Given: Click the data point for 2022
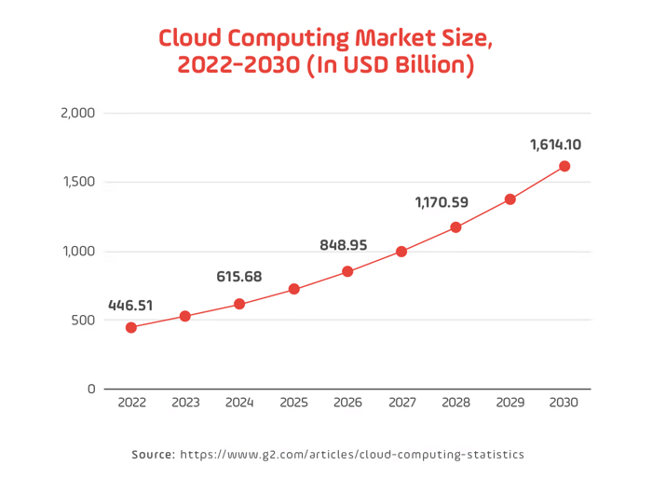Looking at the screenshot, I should pyautogui.click(x=131, y=327).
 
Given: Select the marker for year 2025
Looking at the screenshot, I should pyautogui.click(x=293, y=289).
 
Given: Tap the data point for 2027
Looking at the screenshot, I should pyautogui.click(x=401, y=251).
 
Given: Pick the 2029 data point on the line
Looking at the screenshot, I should pyautogui.click(x=509, y=198).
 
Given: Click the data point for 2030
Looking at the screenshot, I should pyautogui.click(x=564, y=166).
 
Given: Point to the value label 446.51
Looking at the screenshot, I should pyautogui.click(x=130, y=305).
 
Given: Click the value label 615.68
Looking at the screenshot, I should pyautogui.click(x=239, y=276).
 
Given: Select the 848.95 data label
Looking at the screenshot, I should pyautogui.click(x=343, y=245).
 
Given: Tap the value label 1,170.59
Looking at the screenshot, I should pyautogui.click(x=441, y=201).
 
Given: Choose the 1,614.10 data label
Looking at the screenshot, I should pyautogui.click(x=555, y=144).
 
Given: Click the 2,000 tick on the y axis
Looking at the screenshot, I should pyautogui.click(x=77, y=114).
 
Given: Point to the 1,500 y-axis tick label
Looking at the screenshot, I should pyautogui.click(x=78, y=183).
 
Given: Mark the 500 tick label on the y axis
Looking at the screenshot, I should pyautogui.click(x=84, y=320).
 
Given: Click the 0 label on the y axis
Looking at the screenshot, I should pyautogui.click(x=91, y=389).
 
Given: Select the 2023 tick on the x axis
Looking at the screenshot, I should pyautogui.click(x=185, y=403).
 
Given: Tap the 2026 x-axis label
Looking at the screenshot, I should pyautogui.click(x=347, y=403).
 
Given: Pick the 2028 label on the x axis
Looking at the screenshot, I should pyautogui.click(x=455, y=403).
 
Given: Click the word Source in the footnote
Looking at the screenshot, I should pyautogui.click(x=153, y=455).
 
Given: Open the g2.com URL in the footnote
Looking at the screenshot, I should pyautogui.click(x=352, y=455).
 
